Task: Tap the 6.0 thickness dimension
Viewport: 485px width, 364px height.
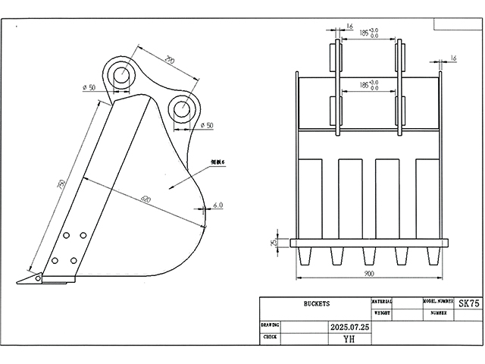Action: click(217, 206)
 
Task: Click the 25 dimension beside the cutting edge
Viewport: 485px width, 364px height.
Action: click(274, 243)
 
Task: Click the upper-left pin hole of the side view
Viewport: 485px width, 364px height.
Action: click(120, 74)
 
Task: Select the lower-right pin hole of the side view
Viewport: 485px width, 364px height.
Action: click(182, 108)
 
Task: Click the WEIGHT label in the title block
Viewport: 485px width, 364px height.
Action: click(383, 312)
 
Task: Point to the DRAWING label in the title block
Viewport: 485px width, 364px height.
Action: click(271, 324)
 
